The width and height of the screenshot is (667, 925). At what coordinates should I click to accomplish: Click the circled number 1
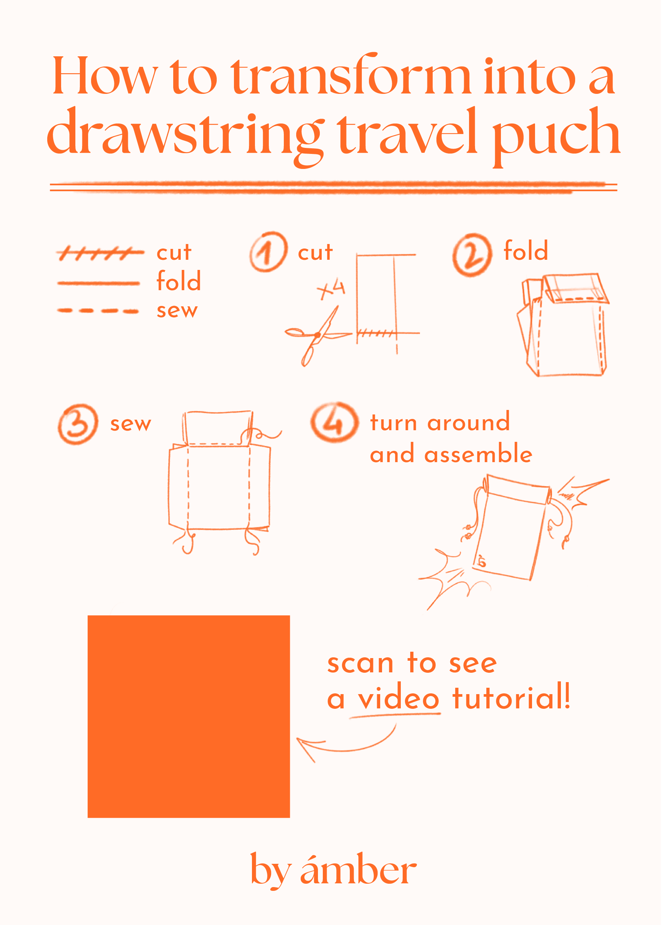click(x=269, y=252)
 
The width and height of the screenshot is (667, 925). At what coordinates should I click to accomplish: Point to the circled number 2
click(x=472, y=255)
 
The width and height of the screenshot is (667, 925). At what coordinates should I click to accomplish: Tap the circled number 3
click(x=78, y=424)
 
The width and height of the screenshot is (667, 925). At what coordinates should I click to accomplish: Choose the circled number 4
click(x=334, y=422)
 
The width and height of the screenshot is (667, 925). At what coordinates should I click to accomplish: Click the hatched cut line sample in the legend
click(x=100, y=253)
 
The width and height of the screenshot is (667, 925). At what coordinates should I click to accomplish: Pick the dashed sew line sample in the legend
click(x=98, y=311)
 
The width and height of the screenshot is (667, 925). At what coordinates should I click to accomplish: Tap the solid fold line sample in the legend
click(x=99, y=283)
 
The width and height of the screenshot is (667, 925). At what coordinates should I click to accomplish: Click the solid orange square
click(x=189, y=717)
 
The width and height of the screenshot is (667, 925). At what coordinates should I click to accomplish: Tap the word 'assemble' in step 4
click(x=478, y=453)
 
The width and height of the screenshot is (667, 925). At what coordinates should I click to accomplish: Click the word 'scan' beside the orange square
click(x=361, y=664)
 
